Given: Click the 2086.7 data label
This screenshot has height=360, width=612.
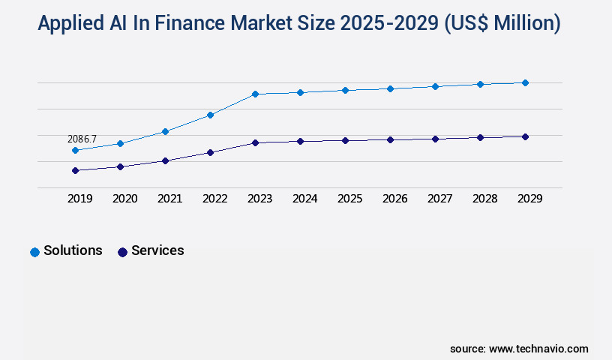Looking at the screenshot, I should (x=82, y=139).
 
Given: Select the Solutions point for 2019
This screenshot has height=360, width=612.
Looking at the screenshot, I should (x=75, y=151).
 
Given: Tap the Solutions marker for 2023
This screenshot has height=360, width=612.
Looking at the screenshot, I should (x=255, y=94).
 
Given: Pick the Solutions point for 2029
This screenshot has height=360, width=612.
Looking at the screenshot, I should (x=525, y=82).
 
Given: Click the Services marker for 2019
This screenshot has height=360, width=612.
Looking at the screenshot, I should (x=75, y=171).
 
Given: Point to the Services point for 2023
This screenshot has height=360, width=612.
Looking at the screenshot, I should (x=255, y=142).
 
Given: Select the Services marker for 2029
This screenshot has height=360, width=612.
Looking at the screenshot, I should (x=525, y=136).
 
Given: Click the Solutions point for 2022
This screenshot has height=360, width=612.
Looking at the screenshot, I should (x=210, y=115).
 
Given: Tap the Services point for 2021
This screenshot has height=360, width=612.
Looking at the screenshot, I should (x=165, y=160).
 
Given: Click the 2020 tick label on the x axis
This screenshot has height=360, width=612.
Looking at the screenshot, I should (x=124, y=199).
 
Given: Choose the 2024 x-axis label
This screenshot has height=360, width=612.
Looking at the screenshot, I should (x=304, y=199).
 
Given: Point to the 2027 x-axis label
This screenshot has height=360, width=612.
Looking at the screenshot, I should (x=439, y=199).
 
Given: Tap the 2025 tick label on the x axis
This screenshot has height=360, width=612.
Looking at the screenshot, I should (x=349, y=199).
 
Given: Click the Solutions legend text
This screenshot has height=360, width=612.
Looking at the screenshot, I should (x=73, y=250).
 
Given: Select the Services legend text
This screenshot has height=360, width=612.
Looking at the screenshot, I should (x=157, y=250).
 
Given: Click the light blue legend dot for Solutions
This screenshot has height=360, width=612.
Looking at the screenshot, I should (x=34, y=252).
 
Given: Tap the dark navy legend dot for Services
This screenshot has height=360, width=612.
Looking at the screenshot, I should (x=122, y=252).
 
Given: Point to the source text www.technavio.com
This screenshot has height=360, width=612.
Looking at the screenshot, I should (x=538, y=349).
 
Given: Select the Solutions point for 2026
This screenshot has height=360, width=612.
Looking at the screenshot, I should (x=390, y=88).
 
